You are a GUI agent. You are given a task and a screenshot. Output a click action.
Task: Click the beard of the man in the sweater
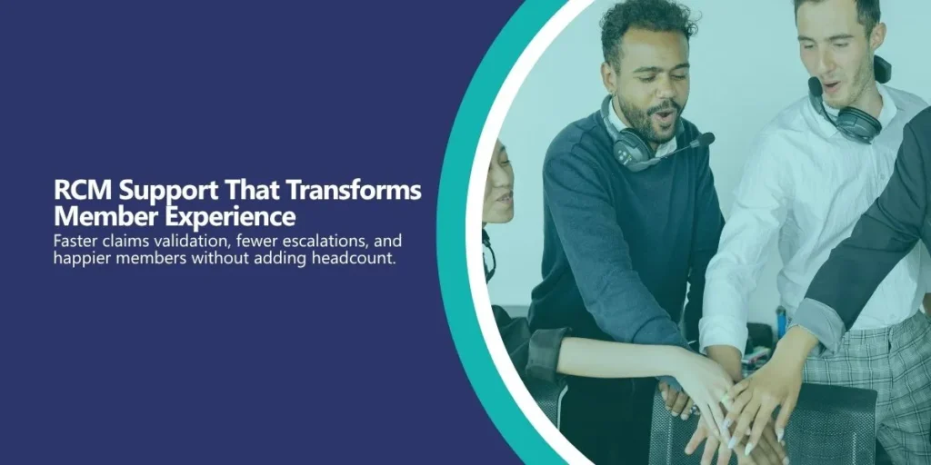647,122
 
